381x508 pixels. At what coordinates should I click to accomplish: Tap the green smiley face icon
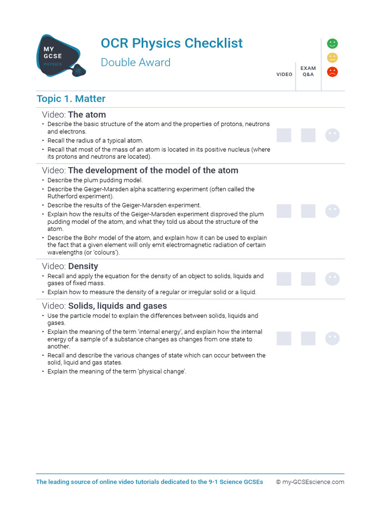click(332, 44)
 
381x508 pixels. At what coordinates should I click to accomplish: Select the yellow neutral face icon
click(332, 58)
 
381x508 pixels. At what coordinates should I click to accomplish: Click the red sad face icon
click(332, 72)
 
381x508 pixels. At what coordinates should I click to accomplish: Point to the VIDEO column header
click(284, 74)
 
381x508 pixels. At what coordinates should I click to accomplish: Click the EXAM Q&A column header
click(308, 71)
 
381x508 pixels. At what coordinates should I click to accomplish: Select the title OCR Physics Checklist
click(172, 43)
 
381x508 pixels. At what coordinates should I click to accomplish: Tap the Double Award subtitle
click(135, 63)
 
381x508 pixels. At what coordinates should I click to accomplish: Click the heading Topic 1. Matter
click(71, 99)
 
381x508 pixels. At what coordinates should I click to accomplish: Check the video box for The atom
click(284, 135)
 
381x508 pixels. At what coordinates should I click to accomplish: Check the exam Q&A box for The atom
click(308, 135)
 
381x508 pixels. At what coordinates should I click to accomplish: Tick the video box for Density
click(284, 279)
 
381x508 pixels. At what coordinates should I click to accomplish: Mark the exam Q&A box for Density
click(308, 279)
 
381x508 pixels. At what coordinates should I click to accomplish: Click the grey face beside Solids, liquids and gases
click(332, 338)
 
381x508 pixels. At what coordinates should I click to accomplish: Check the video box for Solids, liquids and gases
click(284, 338)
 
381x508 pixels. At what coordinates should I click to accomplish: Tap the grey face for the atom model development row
click(332, 211)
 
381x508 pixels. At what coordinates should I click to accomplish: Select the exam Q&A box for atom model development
click(308, 211)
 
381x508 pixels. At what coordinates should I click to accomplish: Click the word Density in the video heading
click(83, 266)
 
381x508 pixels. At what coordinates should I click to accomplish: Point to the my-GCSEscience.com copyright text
click(310, 482)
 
